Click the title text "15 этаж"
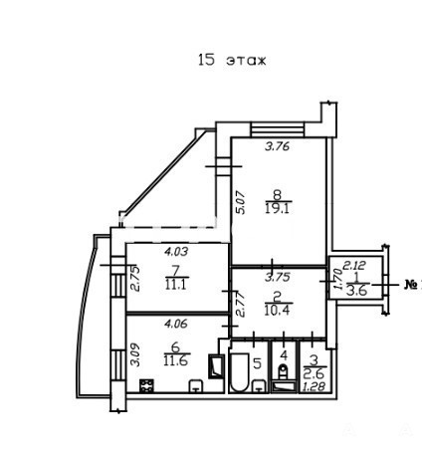232,60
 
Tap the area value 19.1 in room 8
278,209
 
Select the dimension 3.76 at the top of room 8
278,146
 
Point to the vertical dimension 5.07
240,202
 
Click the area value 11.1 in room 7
177,285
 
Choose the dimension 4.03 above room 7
176,251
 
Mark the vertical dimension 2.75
134,279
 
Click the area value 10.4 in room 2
278,310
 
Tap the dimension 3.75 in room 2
278,277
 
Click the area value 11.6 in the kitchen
176,360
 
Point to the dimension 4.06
176,324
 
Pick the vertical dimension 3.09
134,354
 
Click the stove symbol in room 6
146,385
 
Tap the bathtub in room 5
239,372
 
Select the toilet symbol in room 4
283,371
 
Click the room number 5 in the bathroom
258,363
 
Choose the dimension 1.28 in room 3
314,386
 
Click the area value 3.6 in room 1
356,291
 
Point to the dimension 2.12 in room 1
354,265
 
